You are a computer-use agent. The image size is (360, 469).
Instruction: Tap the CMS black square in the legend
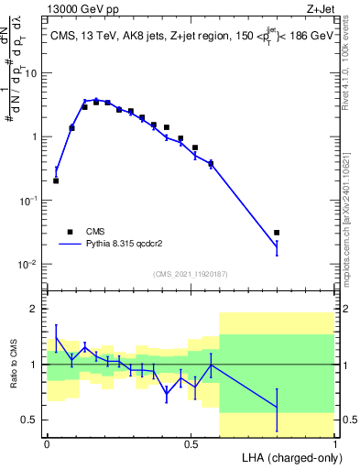tap(70, 232)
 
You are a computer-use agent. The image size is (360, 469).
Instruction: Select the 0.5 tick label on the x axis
tap(191, 444)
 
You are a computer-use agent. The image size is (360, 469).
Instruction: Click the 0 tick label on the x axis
tap(47, 444)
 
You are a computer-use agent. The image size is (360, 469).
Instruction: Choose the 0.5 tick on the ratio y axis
tap(33, 420)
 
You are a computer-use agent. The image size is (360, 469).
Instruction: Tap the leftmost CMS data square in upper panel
tap(56, 180)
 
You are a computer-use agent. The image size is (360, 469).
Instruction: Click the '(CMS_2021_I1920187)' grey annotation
tap(190, 274)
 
